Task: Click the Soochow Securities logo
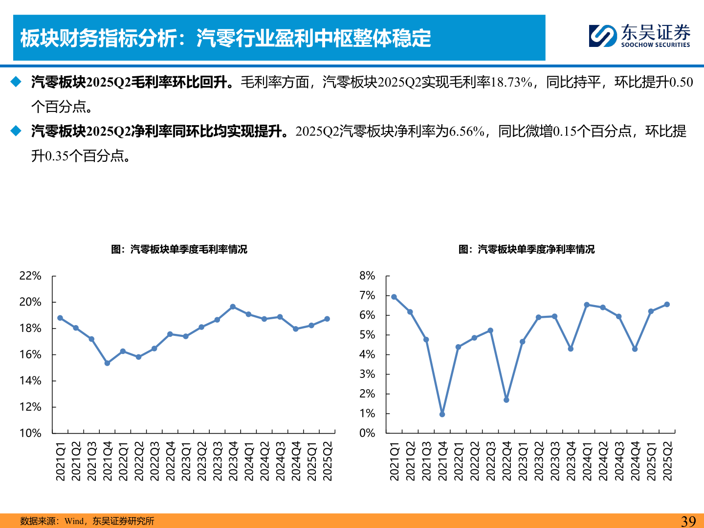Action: [x=639, y=36]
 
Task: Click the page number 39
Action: [x=688, y=521]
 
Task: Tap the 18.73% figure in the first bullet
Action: [x=511, y=82]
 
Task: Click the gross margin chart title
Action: [x=179, y=249]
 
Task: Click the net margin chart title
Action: [x=527, y=249]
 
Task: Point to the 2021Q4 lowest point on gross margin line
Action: [x=107, y=363]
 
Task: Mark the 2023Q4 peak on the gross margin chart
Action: [x=233, y=307]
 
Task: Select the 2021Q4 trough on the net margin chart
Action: [x=442, y=414]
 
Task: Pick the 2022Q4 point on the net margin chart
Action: [x=506, y=400]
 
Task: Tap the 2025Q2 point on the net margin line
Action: [x=667, y=305]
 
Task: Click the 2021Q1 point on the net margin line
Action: [x=394, y=297]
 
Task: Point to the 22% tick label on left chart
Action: [x=30, y=276]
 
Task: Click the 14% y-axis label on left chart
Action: [x=30, y=380]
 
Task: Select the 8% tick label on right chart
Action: [x=367, y=276]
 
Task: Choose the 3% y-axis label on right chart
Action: [x=367, y=374]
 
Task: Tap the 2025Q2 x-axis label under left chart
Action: [x=328, y=461]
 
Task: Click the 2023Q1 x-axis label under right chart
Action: [x=523, y=461]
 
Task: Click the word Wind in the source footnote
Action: [x=74, y=521]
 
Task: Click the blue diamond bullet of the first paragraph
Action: [x=17, y=82]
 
